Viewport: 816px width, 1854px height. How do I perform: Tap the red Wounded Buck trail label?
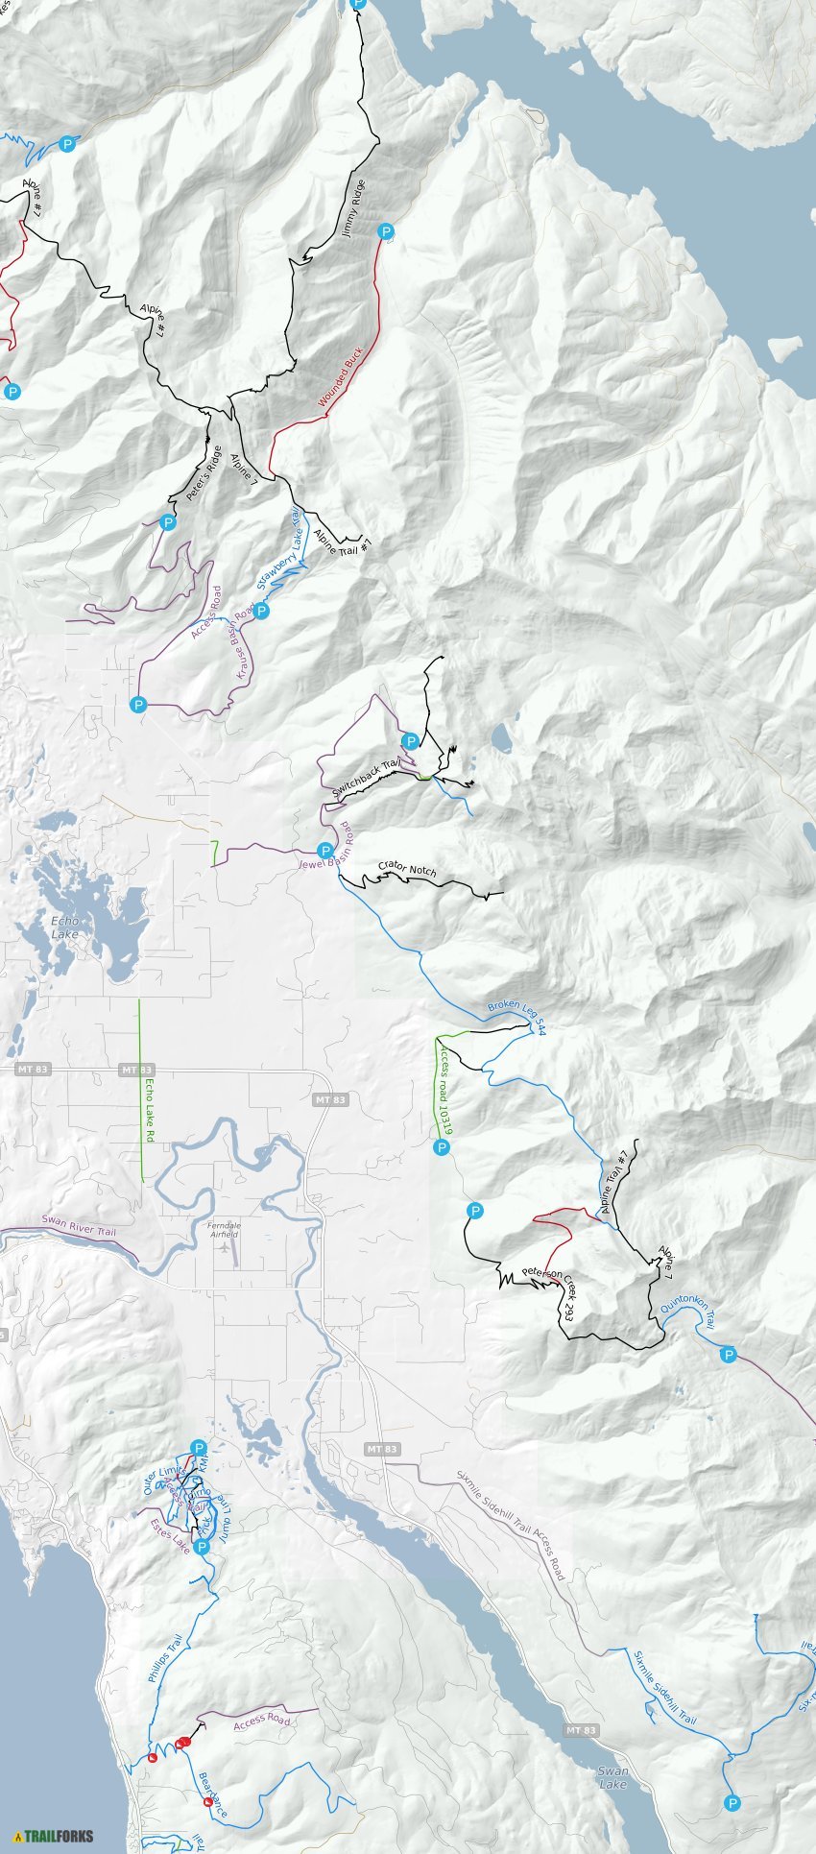[341, 379]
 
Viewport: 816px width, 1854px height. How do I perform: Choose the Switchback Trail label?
[366, 780]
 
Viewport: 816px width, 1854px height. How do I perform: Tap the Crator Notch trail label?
[407, 869]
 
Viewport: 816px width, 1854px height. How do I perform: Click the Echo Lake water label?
[64, 927]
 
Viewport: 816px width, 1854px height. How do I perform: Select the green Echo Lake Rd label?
[150, 1110]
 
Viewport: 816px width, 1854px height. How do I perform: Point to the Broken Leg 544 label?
[516, 1009]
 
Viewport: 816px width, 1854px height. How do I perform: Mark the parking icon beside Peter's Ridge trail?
[168, 523]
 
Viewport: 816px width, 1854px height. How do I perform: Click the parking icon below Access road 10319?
[442, 1147]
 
